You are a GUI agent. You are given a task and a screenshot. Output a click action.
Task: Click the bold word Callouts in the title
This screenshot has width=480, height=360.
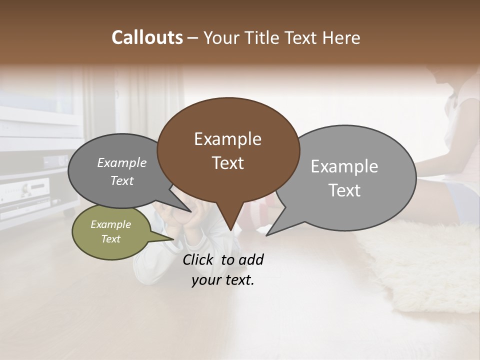point(147,37)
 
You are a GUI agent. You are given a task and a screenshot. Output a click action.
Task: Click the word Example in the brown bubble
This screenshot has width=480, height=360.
point(227,139)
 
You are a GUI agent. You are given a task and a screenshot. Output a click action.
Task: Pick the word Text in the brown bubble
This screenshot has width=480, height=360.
point(227,163)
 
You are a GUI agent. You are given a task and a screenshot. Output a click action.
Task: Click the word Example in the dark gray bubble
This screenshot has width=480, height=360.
point(121,162)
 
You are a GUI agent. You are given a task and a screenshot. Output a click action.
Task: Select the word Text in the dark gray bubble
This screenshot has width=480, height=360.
point(121,180)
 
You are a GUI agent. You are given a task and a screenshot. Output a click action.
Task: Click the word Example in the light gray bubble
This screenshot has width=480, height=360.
point(344,166)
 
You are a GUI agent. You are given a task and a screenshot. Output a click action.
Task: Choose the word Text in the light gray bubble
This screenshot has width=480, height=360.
point(344,190)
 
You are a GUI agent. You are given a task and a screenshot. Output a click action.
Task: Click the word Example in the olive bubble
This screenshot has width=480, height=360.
point(110,224)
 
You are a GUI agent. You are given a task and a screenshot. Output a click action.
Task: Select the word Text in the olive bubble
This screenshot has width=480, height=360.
point(110,239)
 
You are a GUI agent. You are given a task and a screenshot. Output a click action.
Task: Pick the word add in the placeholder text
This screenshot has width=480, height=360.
point(250,259)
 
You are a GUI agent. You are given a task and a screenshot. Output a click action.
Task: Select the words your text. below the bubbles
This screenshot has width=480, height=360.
point(223,280)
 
